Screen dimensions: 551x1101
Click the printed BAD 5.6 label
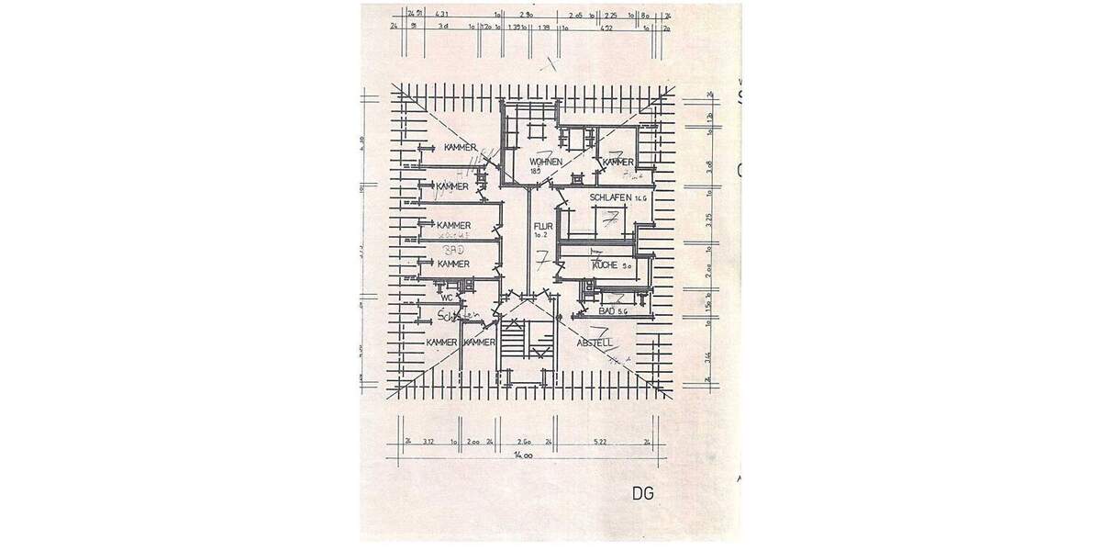click(612, 312)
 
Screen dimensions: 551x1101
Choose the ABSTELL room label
click(595, 343)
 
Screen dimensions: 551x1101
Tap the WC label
click(448, 298)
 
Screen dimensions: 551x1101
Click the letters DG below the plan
click(642, 493)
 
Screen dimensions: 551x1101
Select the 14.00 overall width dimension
click(524, 455)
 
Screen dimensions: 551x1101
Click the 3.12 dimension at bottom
click(428, 441)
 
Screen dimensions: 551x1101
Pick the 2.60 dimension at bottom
click(524, 441)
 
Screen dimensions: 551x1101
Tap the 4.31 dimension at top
click(442, 15)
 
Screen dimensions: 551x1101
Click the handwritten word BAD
click(452, 250)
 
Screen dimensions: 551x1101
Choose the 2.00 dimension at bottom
click(473, 441)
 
